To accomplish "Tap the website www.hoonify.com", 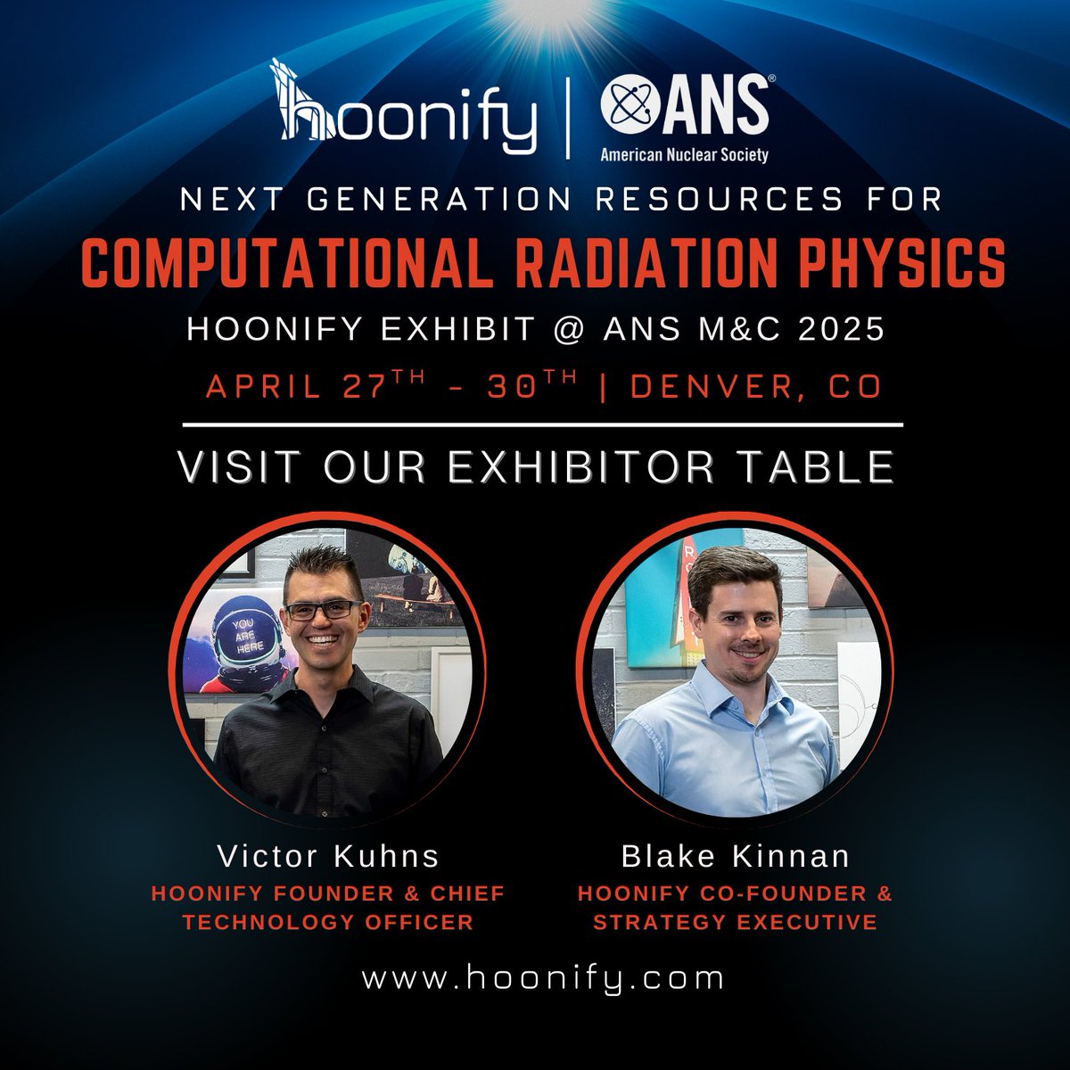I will [542, 977].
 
